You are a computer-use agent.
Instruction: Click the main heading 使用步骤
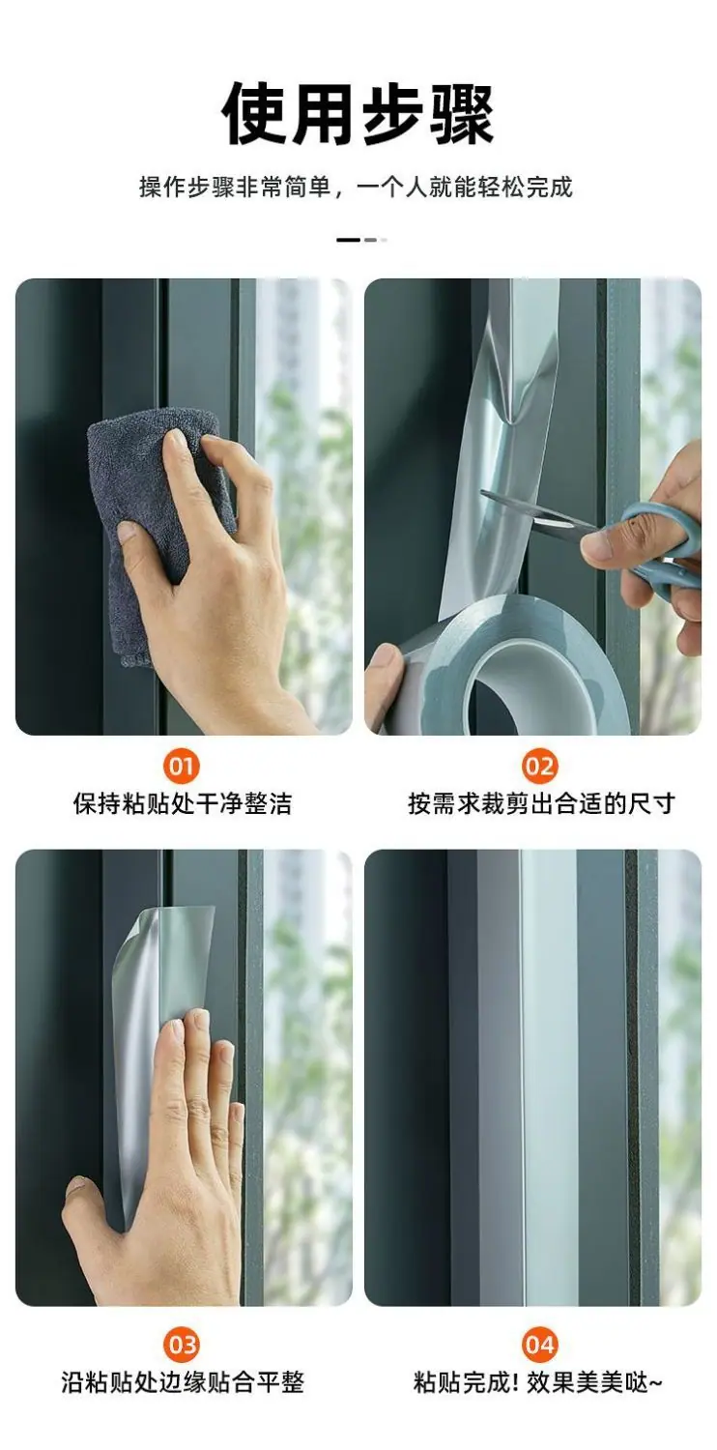coord(358,115)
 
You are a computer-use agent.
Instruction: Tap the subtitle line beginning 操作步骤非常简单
coord(357,187)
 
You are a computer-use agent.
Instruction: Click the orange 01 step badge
coord(182,767)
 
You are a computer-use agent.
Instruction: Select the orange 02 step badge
coord(540,767)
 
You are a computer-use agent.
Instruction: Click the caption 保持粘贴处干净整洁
coord(183,803)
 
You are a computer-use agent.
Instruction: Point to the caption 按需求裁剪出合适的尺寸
coord(542,803)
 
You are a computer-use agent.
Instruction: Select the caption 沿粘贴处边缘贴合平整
coord(183,1381)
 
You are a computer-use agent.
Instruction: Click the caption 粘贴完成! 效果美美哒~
coord(537,1381)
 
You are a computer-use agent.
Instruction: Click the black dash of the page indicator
coord(348,240)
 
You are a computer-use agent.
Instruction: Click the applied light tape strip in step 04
coord(549,1075)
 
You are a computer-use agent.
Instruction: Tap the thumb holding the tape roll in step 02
coord(385,680)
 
